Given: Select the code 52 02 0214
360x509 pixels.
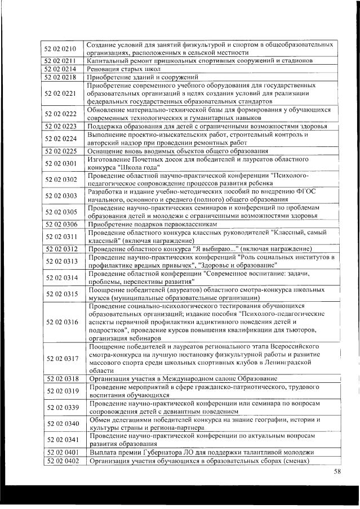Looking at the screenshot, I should [x=60, y=69].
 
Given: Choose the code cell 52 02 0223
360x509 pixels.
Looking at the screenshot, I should [x=60, y=127].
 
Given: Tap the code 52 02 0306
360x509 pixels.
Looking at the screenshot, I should [x=60, y=224].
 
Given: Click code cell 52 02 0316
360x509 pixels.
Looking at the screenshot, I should [x=60, y=322].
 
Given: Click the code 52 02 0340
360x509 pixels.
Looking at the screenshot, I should [x=60, y=424].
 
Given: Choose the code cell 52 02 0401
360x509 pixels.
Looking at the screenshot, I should [x=60, y=453].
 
